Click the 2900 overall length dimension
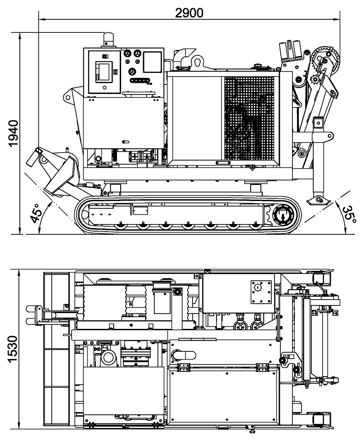(x=189, y=13)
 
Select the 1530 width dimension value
(x=12, y=349)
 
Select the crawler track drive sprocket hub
(x=283, y=215)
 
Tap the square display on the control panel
(x=152, y=62)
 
